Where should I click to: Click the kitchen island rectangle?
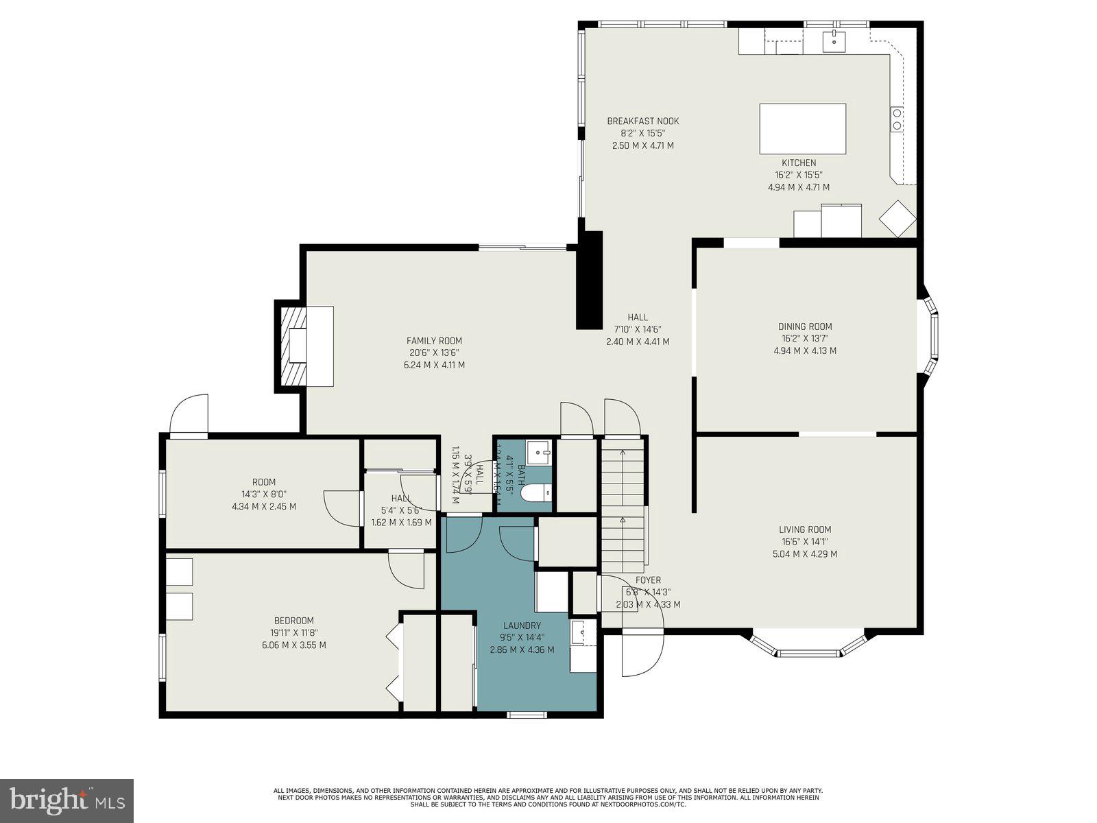tap(802, 128)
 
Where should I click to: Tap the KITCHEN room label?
tap(799, 163)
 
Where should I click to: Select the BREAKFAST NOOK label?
tap(642, 121)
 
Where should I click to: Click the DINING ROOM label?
tap(805, 326)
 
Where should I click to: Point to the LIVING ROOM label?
tap(805, 529)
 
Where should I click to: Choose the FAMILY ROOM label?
tap(434, 341)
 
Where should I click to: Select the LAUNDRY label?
tap(522, 625)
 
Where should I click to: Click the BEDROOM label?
tap(293, 621)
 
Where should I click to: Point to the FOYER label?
tap(648, 580)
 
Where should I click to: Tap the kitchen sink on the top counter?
tap(834, 40)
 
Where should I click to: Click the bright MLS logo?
tap(67, 800)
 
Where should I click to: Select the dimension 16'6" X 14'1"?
tap(805, 542)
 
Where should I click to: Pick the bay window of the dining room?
tap(930, 336)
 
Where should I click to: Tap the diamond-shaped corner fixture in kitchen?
tap(897, 218)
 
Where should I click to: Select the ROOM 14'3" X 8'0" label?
tap(264, 482)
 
